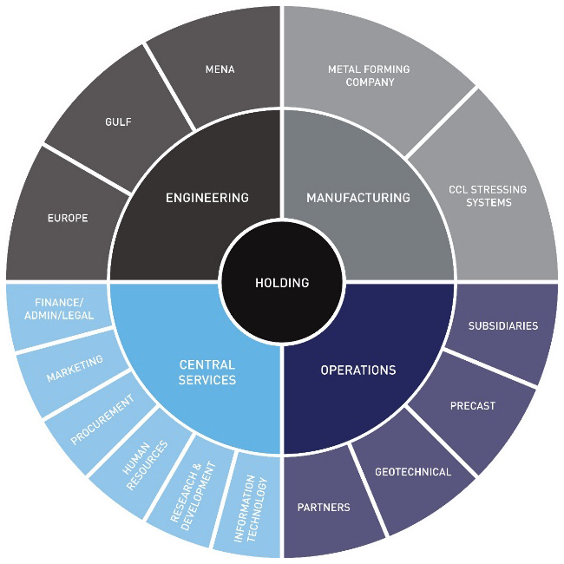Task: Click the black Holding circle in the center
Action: [x=282, y=283]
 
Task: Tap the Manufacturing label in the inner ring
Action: [x=357, y=198]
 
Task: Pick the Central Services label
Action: [x=207, y=372]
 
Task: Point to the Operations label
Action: [x=357, y=371]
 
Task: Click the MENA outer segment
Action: [x=220, y=69]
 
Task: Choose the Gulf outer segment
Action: [x=118, y=122]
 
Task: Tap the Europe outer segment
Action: [x=68, y=218]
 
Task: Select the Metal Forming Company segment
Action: [x=368, y=75]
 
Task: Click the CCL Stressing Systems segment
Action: [x=487, y=196]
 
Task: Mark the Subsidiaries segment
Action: [x=502, y=326]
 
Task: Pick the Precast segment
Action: [x=472, y=405]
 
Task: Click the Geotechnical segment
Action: [x=412, y=472]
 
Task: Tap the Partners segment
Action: [x=324, y=507]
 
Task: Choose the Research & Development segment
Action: [x=193, y=494]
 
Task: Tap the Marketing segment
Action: [x=75, y=368]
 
